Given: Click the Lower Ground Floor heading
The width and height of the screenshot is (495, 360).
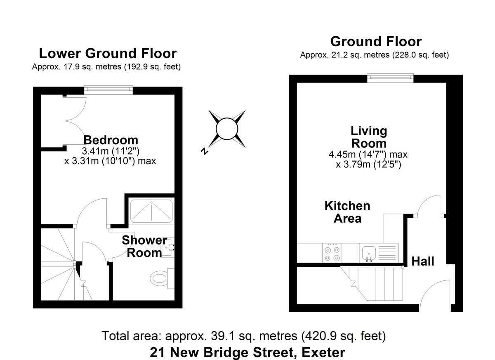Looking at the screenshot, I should point(107,54).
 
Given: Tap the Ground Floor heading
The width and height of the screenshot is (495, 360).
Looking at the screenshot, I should point(376,41).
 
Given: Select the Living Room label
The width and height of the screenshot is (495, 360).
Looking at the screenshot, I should point(368,137).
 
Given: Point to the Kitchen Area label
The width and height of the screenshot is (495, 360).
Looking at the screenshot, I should point(347,212).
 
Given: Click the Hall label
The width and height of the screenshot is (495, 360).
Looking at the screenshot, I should point(422,261).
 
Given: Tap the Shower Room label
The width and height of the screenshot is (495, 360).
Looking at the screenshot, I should point(144,246).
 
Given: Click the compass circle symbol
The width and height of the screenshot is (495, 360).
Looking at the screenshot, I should point(227,129).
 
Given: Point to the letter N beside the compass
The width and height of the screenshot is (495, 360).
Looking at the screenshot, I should point(203,151).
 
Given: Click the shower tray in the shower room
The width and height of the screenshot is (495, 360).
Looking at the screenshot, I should point(151,211).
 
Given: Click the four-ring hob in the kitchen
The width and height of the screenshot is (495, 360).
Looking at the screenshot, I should point(332,254).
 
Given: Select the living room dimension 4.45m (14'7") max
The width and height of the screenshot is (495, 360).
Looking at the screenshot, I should point(368,155).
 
